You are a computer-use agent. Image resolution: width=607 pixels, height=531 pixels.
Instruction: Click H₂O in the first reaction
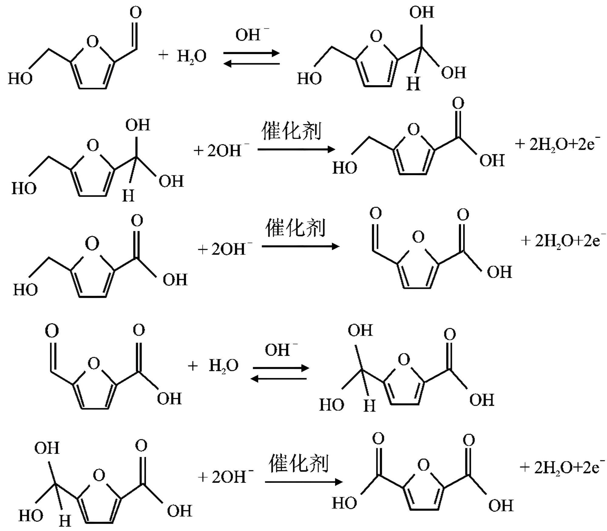click(x=192, y=56)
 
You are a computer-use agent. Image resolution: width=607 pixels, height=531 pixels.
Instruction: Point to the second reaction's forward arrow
click(x=296, y=149)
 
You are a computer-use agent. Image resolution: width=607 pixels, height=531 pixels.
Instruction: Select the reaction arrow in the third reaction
click(x=300, y=246)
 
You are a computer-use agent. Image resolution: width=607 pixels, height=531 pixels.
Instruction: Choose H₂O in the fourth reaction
click(x=224, y=366)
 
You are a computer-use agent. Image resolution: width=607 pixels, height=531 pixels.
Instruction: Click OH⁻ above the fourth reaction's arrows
click(x=281, y=350)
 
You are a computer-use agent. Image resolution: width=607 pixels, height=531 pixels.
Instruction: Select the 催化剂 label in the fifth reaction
click(x=299, y=464)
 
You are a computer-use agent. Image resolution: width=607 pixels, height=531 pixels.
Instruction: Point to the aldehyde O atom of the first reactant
click(x=135, y=13)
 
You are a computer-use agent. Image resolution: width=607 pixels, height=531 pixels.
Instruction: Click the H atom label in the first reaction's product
click(x=413, y=83)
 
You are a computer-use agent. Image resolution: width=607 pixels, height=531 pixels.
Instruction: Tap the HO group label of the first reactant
click(x=20, y=79)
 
